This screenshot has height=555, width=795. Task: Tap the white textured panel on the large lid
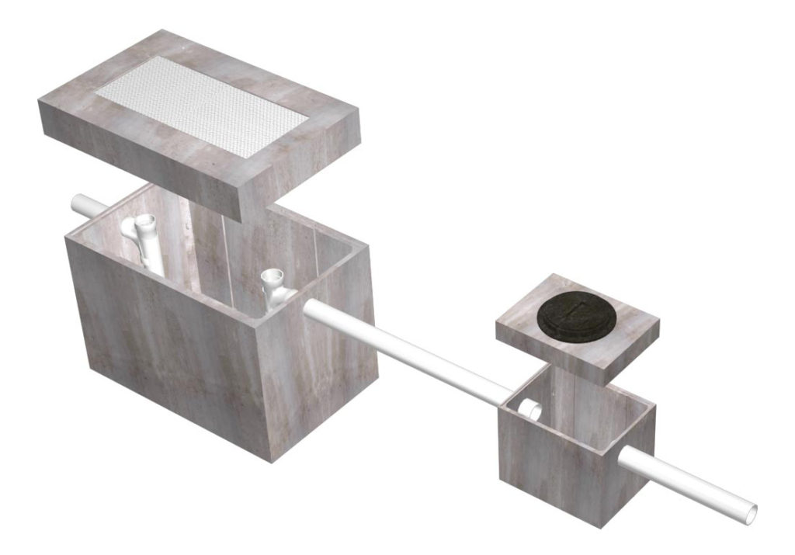(x=203, y=105)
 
